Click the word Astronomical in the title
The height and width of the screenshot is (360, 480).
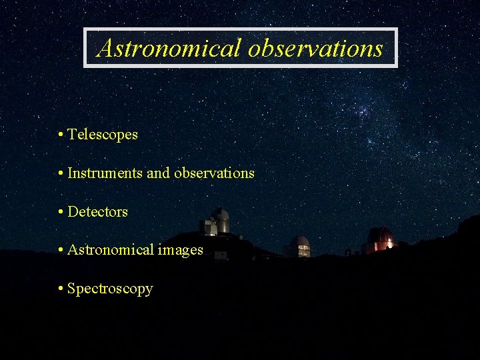[x=170, y=48]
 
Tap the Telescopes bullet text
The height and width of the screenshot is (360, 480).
[x=103, y=135]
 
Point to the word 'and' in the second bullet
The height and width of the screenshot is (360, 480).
[x=158, y=173]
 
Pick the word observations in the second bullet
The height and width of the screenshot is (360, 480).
[x=214, y=173]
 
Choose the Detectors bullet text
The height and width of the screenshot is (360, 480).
[x=98, y=212]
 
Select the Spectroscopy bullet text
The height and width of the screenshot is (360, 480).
[x=110, y=289]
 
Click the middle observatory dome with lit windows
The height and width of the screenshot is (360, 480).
[x=300, y=246]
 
